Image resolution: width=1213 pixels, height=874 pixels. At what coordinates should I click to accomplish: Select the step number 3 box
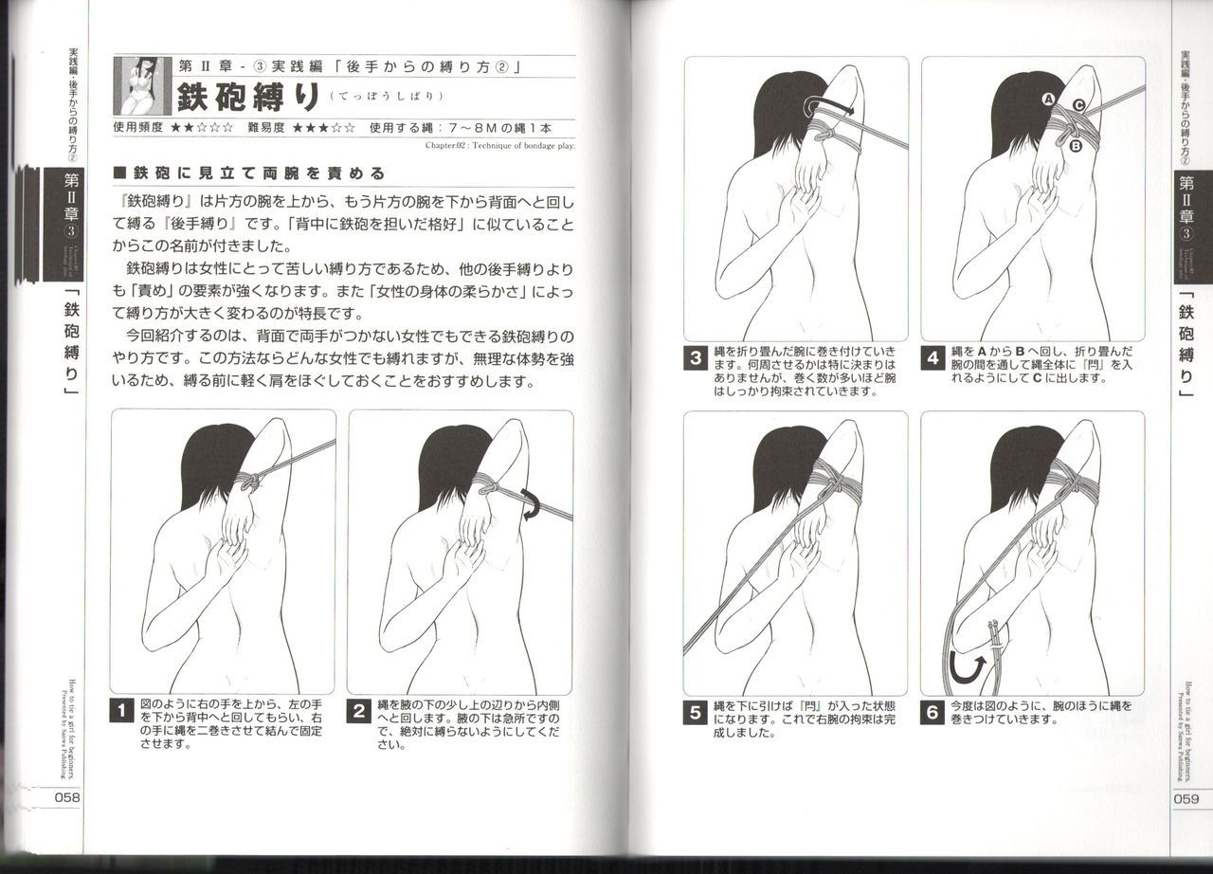coord(697,359)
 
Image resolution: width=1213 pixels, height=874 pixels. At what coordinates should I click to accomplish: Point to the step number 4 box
coord(933,359)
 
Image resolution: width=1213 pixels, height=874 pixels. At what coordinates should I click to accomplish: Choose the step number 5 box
coord(697,712)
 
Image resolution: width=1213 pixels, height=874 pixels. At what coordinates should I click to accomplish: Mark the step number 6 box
coord(933,712)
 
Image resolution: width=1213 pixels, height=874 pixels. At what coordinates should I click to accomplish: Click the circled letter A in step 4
coord(1049,99)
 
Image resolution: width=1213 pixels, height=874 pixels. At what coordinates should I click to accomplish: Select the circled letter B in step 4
coord(1076,146)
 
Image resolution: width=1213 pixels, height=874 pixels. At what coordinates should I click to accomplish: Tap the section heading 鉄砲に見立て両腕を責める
coord(248,173)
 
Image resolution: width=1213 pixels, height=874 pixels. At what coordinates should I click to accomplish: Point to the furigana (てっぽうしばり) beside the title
coord(387,98)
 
